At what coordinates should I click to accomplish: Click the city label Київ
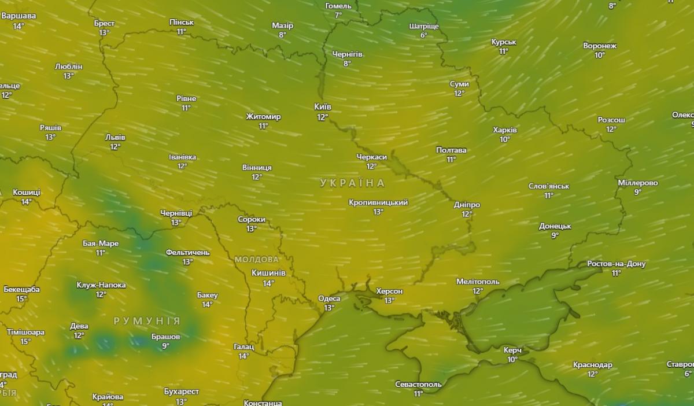[x=322, y=107]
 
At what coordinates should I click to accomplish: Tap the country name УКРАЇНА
[x=352, y=183]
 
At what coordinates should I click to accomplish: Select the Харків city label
[x=505, y=130]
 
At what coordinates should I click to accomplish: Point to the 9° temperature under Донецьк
[x=555, y=235]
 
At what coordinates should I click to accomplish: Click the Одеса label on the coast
[x=329, y=298]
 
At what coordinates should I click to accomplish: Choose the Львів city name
[x=115, y=138]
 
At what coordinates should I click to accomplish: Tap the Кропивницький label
[x=378, y=202]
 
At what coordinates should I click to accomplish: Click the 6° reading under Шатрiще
[x=423, y=35]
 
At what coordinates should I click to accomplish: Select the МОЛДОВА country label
[x=256, y=259]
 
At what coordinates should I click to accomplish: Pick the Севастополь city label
[x=418, y=384]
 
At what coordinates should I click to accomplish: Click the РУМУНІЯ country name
[x=147, y=321]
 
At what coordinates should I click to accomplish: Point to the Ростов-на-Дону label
[x=616, y=264]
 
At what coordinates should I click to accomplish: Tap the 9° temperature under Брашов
[x=165, y=346]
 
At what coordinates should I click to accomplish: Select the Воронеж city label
[x=600, y=46]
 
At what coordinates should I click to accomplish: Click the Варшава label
[x=19, y=16]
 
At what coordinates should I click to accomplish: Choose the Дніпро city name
[x=467, y=205]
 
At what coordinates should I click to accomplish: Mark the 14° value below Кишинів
[x=268, y=283]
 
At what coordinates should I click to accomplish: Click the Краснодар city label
[x=592, y=365]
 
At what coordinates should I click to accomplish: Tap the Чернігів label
[x=347, y=54]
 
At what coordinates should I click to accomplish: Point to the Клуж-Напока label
[x=101, y=285]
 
